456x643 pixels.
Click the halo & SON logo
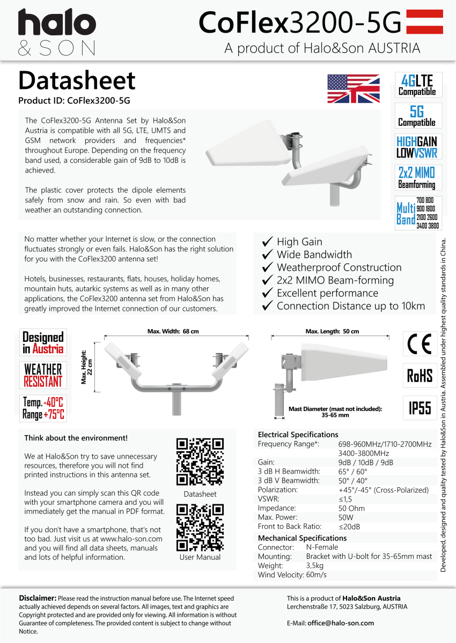[57, 33]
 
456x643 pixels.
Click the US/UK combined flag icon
[353, 89]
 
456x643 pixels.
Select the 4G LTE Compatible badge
[418, 85]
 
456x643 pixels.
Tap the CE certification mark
[420, 344]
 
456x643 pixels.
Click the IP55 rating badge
[420, 408]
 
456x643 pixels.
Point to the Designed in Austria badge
[43, 343]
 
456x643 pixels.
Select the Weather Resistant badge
[43, 375]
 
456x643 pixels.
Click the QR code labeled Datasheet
[200, 461]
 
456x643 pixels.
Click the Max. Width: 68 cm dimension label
[173, 332]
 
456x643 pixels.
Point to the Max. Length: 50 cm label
[332, 332]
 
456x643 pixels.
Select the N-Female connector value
[322, 547]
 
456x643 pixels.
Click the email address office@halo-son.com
[341, 623]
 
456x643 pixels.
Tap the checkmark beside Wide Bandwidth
[267, 255]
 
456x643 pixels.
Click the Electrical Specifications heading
[298, 435]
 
